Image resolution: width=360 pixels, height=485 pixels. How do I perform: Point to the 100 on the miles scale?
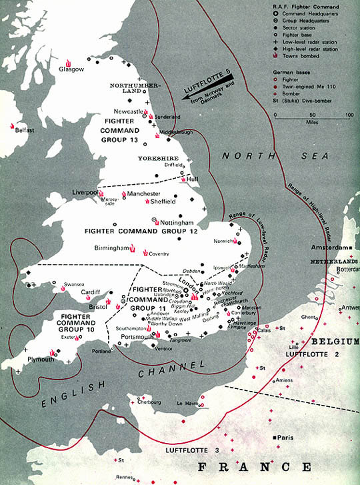click(350, 115)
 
